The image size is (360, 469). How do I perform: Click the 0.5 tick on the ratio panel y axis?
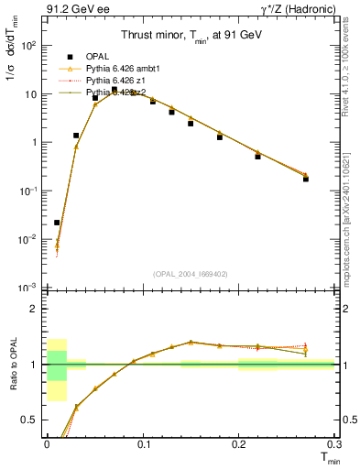point(31,420)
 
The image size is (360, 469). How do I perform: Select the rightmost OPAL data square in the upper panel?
point(306,179)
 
